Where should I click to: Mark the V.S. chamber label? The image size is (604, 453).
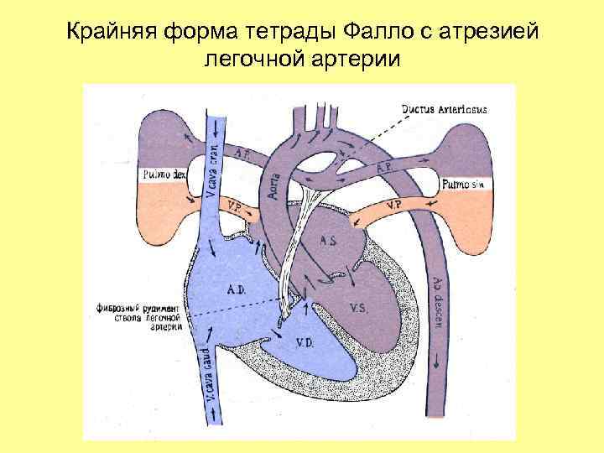[358, 307]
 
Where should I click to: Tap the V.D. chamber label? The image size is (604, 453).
[304, 341]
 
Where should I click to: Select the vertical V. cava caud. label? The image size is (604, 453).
[204, 377]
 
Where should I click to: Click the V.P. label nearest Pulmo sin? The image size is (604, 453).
[393, 204]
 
